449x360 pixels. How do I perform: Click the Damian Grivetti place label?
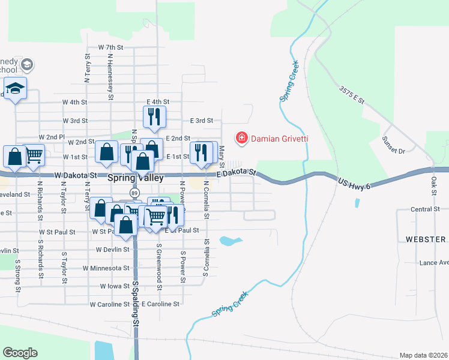(279, 139)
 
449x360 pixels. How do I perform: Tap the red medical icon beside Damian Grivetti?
(242, 139)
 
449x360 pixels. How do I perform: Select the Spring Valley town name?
(135, 178)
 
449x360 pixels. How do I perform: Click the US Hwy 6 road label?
(355, 182)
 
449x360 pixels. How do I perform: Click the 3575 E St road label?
(352, 95)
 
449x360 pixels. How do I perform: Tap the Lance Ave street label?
(434, 262)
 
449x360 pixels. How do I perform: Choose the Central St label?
(426, 209)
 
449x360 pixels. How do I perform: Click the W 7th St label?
(110, 47)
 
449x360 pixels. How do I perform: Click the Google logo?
(20, 353)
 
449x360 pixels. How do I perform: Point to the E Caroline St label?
(160, 304)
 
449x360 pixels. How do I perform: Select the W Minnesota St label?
(106, 268)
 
